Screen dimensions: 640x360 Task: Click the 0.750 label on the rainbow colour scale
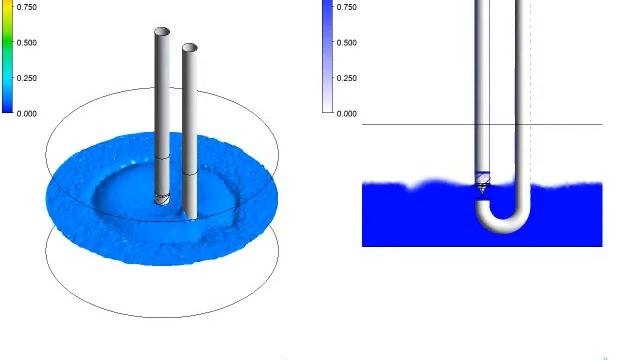click(x=27, y=7)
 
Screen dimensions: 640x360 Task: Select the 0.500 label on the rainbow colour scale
click(x=27, y=42)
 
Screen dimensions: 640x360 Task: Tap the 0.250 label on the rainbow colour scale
click(x=27, y=78)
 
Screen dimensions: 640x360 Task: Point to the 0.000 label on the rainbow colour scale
click(x=27, y=113)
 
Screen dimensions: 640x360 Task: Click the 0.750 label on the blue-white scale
click(x=347, y=7)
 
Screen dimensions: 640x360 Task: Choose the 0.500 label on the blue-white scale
click(x=347, y=42)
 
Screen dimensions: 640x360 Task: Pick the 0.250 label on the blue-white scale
click(x=347, y=78)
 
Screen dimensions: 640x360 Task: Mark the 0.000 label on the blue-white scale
click(x=347, y=113)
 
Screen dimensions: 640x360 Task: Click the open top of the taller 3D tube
click(x=162, y=31)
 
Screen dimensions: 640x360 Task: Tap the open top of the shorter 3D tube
click(x=190, y=47)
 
